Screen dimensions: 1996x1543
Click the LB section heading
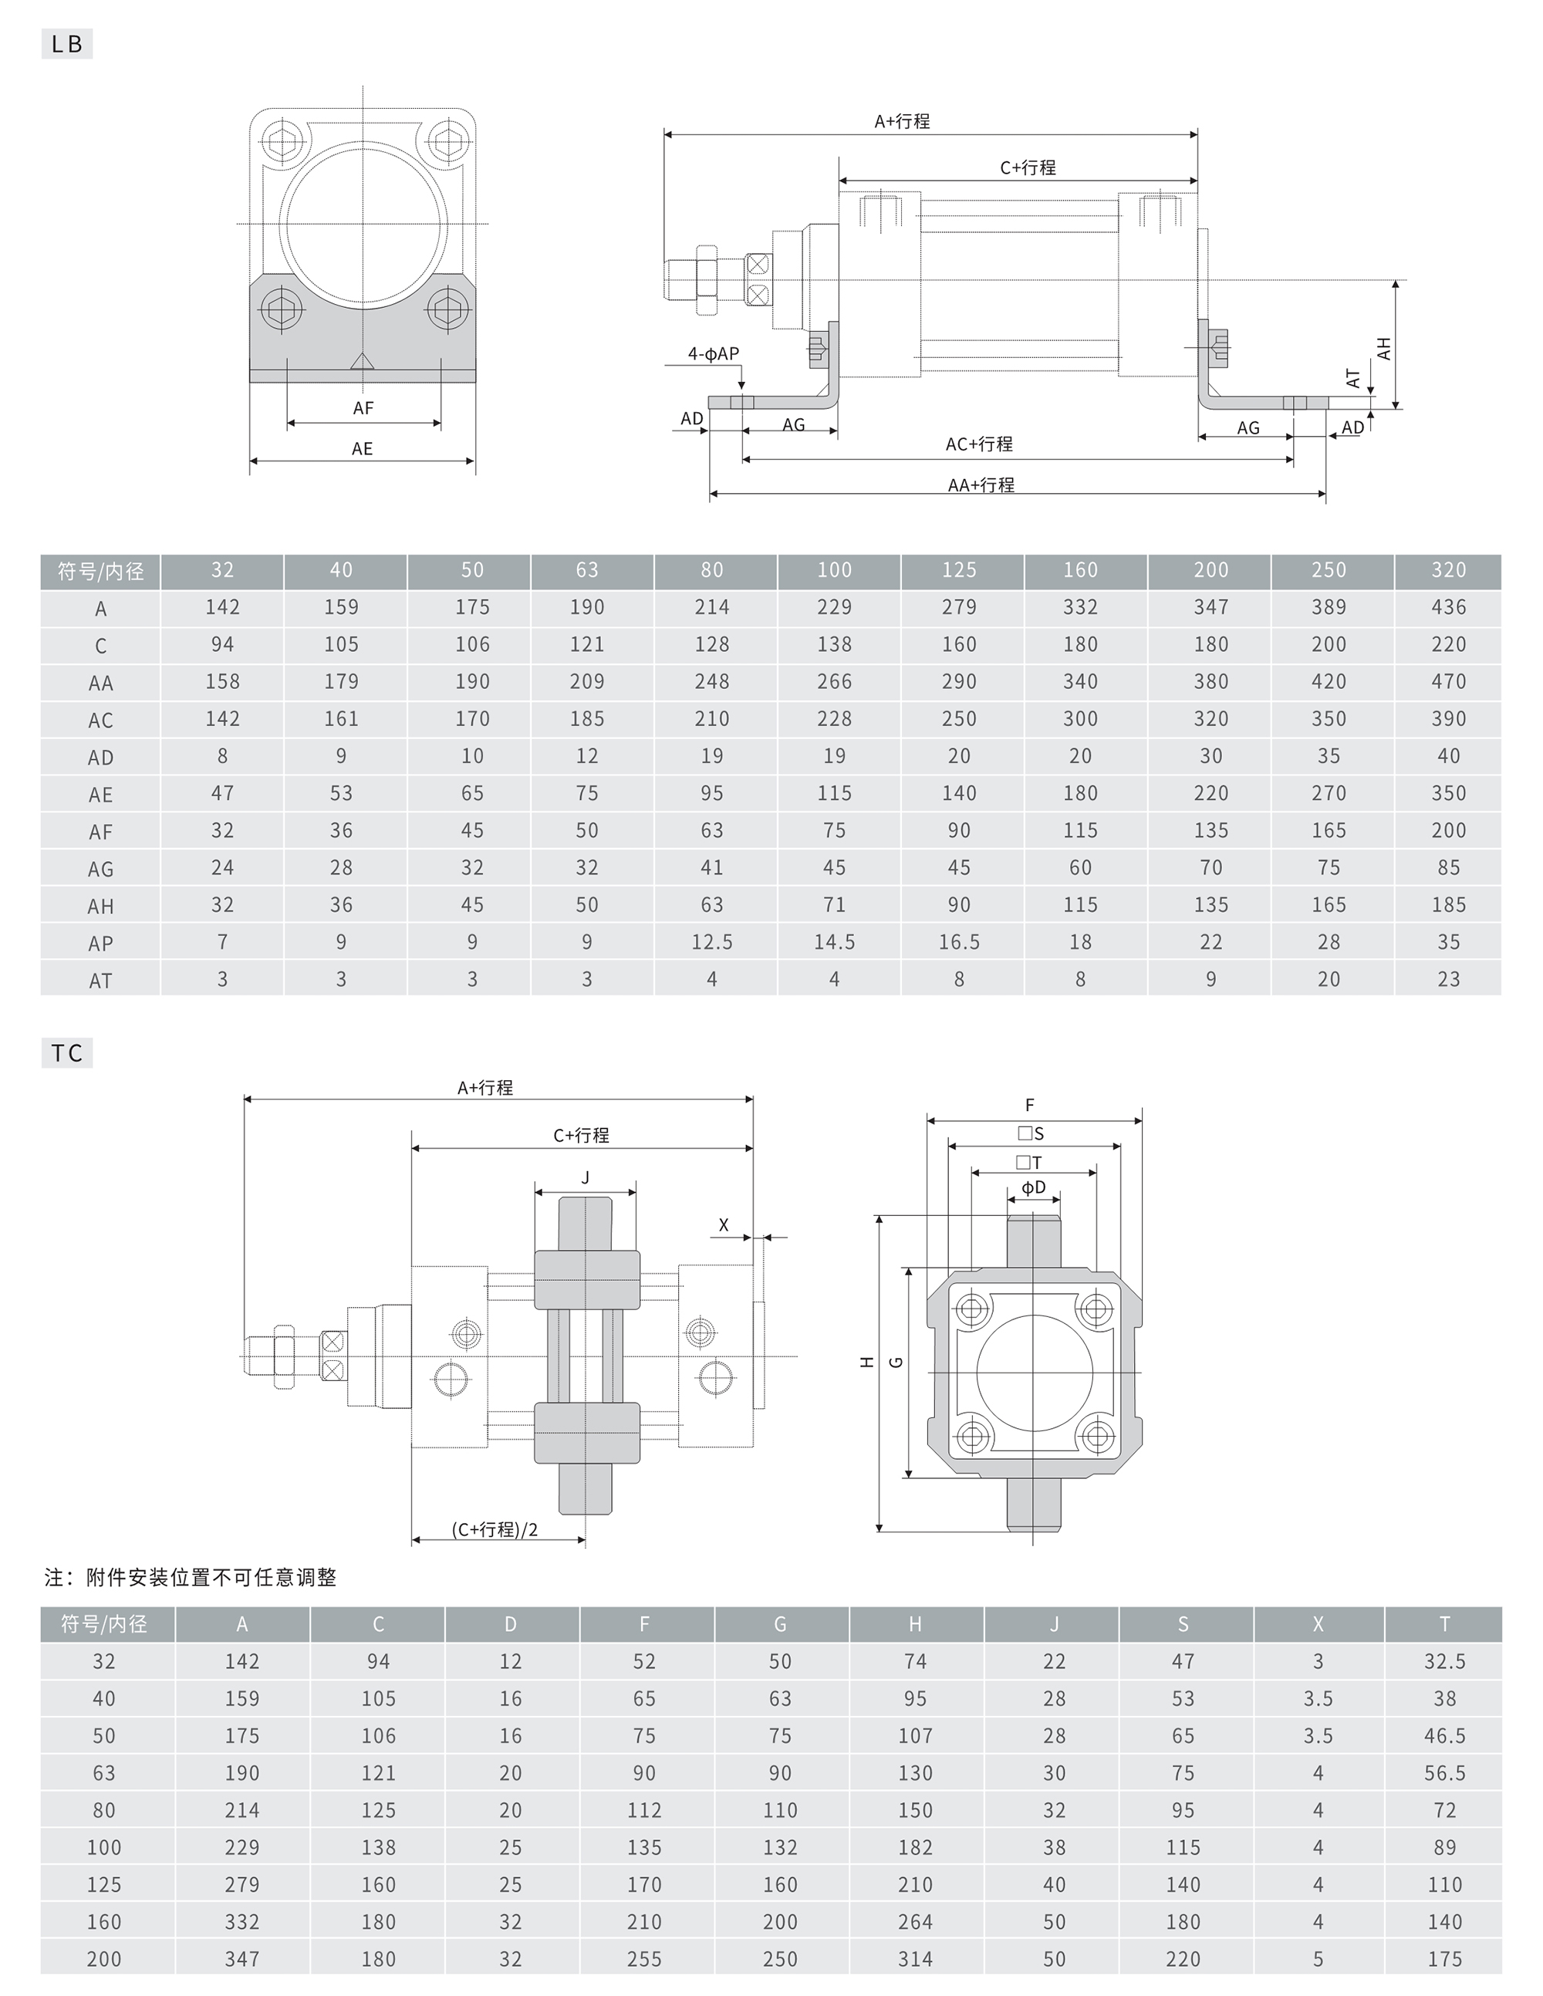[66, 44]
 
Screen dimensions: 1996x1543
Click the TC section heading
[66, 1053]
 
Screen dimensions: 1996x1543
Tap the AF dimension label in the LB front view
[363, 407]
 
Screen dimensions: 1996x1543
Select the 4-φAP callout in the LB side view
[713, 353]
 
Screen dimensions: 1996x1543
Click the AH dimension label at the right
[1384, 348]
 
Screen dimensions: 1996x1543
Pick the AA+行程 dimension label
[981, 485]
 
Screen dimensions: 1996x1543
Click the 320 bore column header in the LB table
[1448, 570]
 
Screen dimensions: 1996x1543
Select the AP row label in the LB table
[100, 943]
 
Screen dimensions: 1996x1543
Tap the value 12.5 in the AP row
[711, 942]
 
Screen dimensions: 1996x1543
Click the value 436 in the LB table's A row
[1448, 607]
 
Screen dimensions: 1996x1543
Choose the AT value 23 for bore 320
[1448, 980]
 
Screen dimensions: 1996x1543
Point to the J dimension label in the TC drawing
[585, 1178]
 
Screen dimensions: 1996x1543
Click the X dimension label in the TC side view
[724, 1224]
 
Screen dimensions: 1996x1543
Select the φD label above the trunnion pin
[1033, 1187]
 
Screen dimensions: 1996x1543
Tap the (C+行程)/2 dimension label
[495, 1529]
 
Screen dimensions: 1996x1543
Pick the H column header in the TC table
[915, 1624]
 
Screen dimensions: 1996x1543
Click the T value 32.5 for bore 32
[1444, 1661]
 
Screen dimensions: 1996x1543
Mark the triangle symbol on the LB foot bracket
[363, 361]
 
